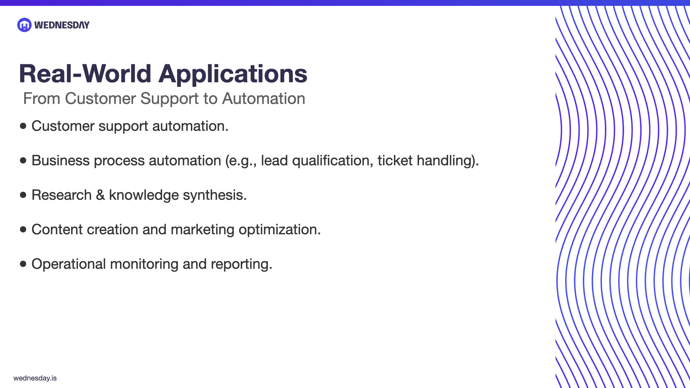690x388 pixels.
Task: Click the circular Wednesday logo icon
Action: coord(24,25)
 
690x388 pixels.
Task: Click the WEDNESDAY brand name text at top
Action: coord(62,25)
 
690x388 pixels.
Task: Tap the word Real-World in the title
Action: coord(85,74)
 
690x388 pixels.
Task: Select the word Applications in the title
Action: coord(233,74)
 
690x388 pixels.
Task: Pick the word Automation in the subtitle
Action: coord(263,98)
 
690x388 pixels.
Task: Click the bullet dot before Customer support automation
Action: coord(23,126)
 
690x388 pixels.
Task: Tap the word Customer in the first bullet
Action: coord(63,126)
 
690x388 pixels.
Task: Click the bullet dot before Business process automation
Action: coord(23,160)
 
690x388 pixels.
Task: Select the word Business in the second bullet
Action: coord(60,161)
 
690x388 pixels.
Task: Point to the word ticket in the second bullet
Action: coord(395,161)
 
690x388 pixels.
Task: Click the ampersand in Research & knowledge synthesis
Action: coord(100,195)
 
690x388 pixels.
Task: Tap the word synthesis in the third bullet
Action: coord(215,195)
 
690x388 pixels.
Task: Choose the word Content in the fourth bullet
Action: coord(57,230)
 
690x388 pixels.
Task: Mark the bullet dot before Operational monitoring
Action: coord(23,264)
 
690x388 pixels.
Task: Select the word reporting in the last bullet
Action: coord(241,264)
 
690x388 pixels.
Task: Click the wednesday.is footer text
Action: coord(35,378)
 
